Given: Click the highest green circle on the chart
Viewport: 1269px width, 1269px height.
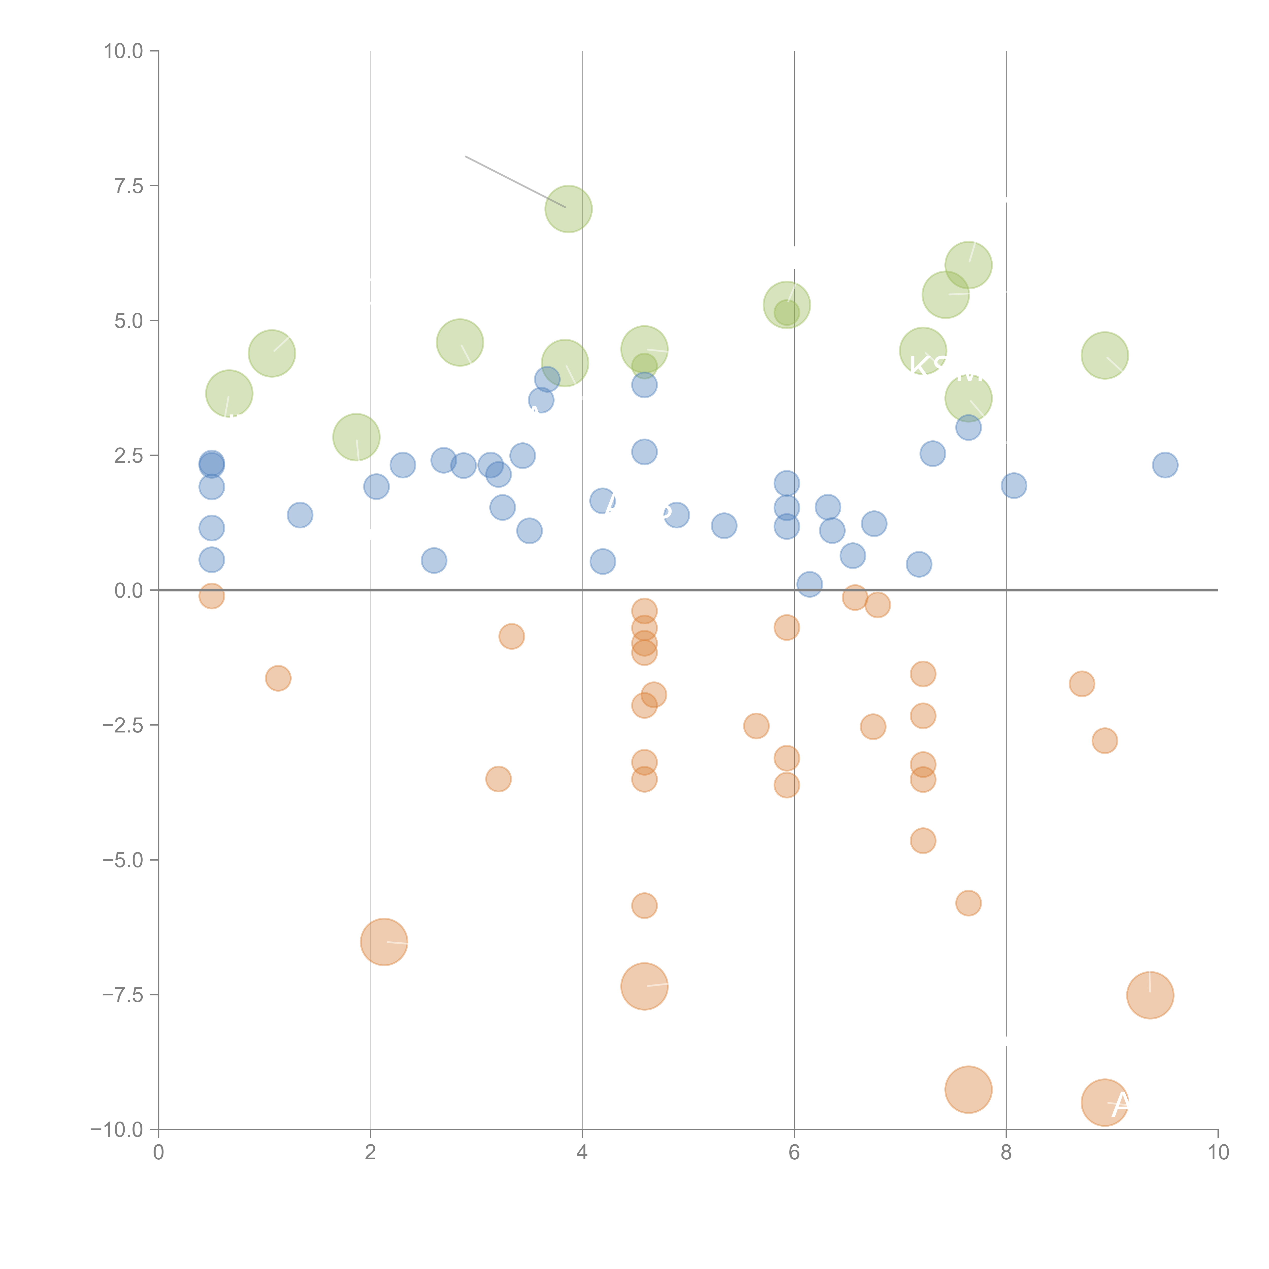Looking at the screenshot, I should pyautogui.click(x=568, y=209).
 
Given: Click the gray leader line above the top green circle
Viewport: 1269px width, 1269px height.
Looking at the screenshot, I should pyautogui.click(x=512, y=181).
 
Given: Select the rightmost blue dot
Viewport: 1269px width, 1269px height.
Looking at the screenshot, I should pyautogui.click(x=1165, y=465).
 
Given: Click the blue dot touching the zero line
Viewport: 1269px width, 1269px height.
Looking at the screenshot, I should pyautogui.click(x=809, y=584).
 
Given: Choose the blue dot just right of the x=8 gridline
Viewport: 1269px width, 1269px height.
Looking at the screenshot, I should pyautogui.click(x=1013, y=486).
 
